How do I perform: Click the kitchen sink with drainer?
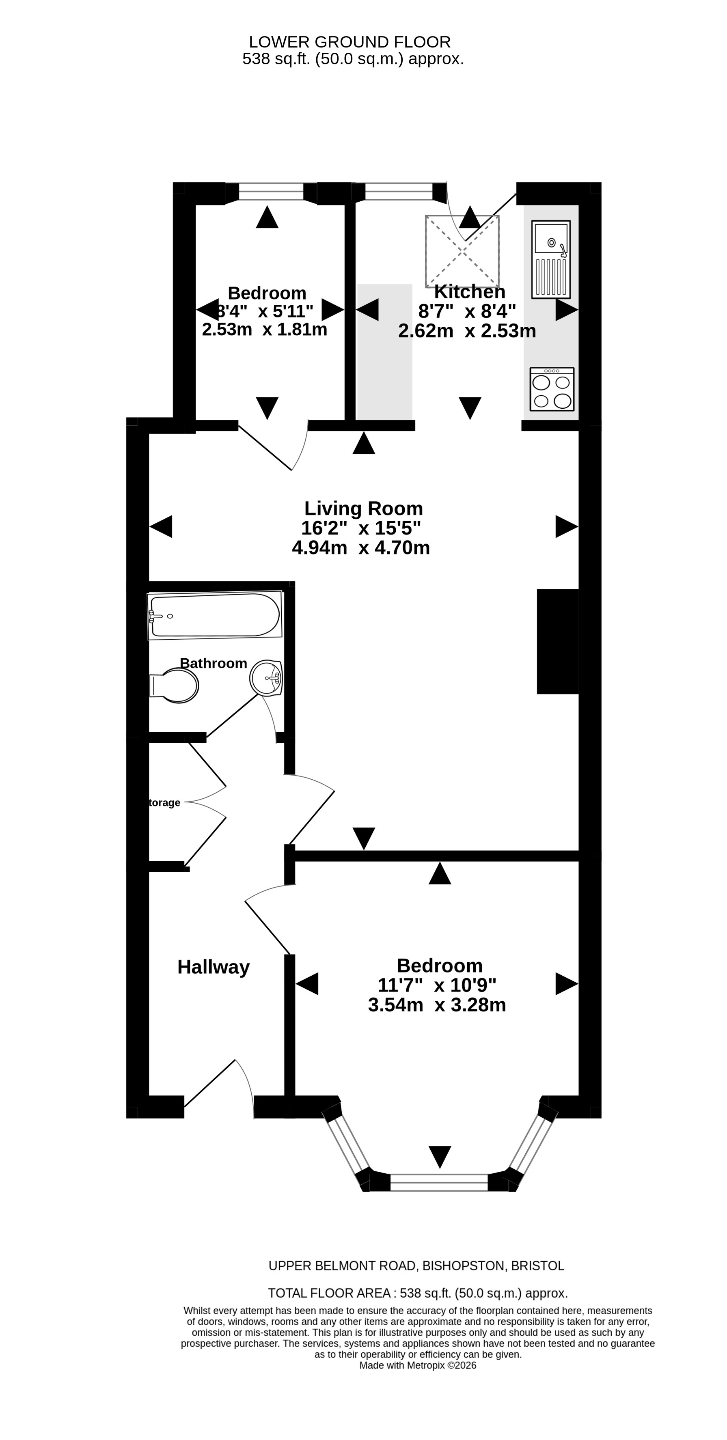pos(551,259)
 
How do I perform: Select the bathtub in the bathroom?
pos(215,615)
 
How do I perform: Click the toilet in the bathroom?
pos(174,686)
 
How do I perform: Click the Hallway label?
pos(214,967)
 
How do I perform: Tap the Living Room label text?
pos(364,509)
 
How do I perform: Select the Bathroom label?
pos(214,664)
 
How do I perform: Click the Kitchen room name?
pos(470,292)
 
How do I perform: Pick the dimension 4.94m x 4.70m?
pos(361,547)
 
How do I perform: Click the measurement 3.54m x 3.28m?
pos(437,1005)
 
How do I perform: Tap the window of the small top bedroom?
pos(271,192)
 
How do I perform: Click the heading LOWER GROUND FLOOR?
pos(350,42)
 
